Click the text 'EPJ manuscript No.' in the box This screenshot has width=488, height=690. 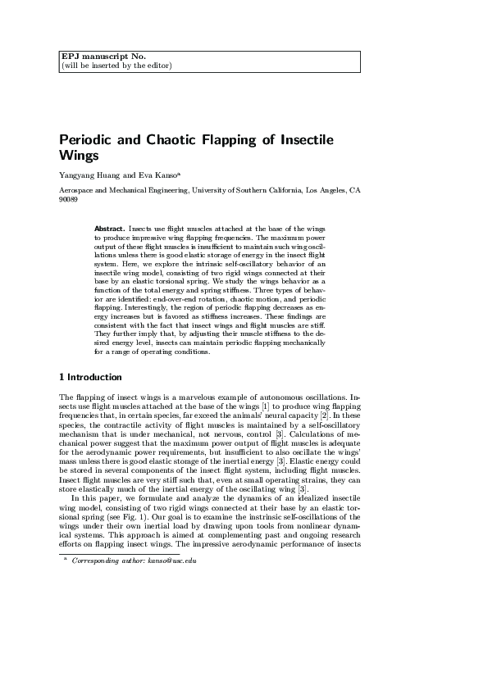coord(103,56)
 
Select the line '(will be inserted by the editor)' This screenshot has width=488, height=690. coord(116,65)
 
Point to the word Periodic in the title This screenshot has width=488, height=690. coord(88,139)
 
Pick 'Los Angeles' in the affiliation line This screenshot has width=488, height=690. coord(324,190)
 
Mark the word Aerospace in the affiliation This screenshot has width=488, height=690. coord(78,190)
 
